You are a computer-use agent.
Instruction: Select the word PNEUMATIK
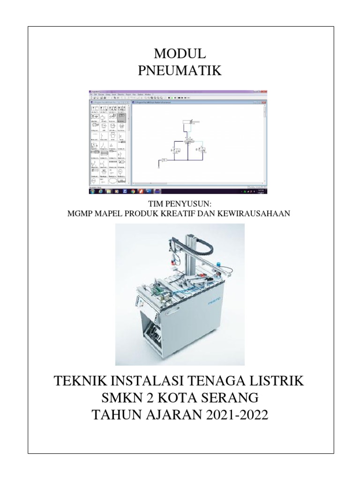tap(180, 71)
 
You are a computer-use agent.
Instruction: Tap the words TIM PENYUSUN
tap(180, 205)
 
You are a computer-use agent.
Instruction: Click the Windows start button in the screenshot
tap(92, 191)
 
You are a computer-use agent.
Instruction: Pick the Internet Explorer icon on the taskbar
tap(100, 191)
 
